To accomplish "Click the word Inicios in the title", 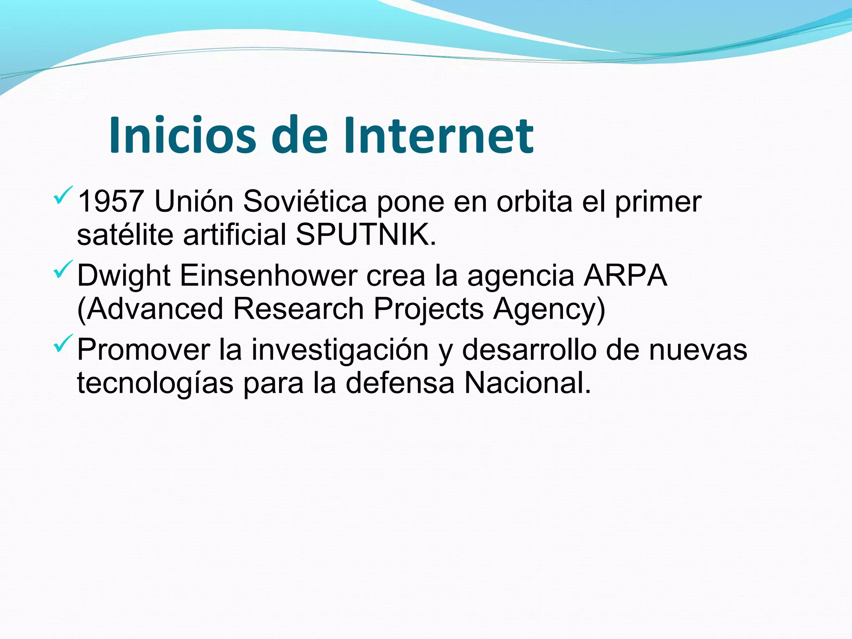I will (183, 136).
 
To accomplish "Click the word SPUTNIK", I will (366, 234).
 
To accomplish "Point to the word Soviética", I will (305, 202).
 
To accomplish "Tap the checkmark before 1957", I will (63, 195).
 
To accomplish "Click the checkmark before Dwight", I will (63, 269).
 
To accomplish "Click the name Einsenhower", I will (268, 276).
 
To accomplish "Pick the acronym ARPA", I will (625, 276).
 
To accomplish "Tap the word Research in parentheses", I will (298, 309).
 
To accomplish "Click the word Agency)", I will (549, 310).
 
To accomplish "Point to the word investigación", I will (340, 350).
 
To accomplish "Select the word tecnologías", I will (155, 384).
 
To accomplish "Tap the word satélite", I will (125, 234).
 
